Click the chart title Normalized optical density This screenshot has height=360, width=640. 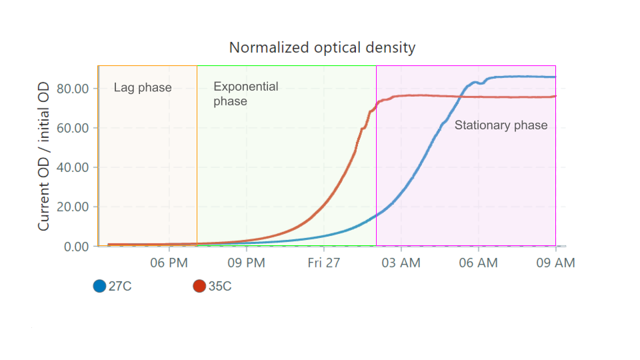click(322, 48)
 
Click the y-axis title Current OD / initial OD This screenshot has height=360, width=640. click(44, 156)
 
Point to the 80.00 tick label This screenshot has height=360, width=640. click(73, 89)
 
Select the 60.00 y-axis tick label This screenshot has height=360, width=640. click(73, 128)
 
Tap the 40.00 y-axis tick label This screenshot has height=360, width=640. click(73, 167)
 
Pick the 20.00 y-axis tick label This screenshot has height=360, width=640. click(73, 207)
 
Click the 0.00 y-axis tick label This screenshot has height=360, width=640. click(76, 247)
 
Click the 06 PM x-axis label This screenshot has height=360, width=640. click(169, 263)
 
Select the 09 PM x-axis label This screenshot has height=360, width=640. click(246, 263)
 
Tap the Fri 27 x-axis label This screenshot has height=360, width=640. click(324, 263)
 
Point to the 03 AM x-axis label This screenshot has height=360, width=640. click(401, 263)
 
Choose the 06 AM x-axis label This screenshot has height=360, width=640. click(479, 263)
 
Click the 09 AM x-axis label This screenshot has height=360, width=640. click(555, 263)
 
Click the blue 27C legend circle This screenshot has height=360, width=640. click(99, 286)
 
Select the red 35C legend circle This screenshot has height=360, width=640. click(199, 286)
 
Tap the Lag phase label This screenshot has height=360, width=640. click(143, 88)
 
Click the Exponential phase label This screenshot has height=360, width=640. click(246, 94)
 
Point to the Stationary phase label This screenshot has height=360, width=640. click(501, 125)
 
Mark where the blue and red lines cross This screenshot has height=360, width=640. click(461, 96)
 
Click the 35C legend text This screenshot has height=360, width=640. click(220, 286)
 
